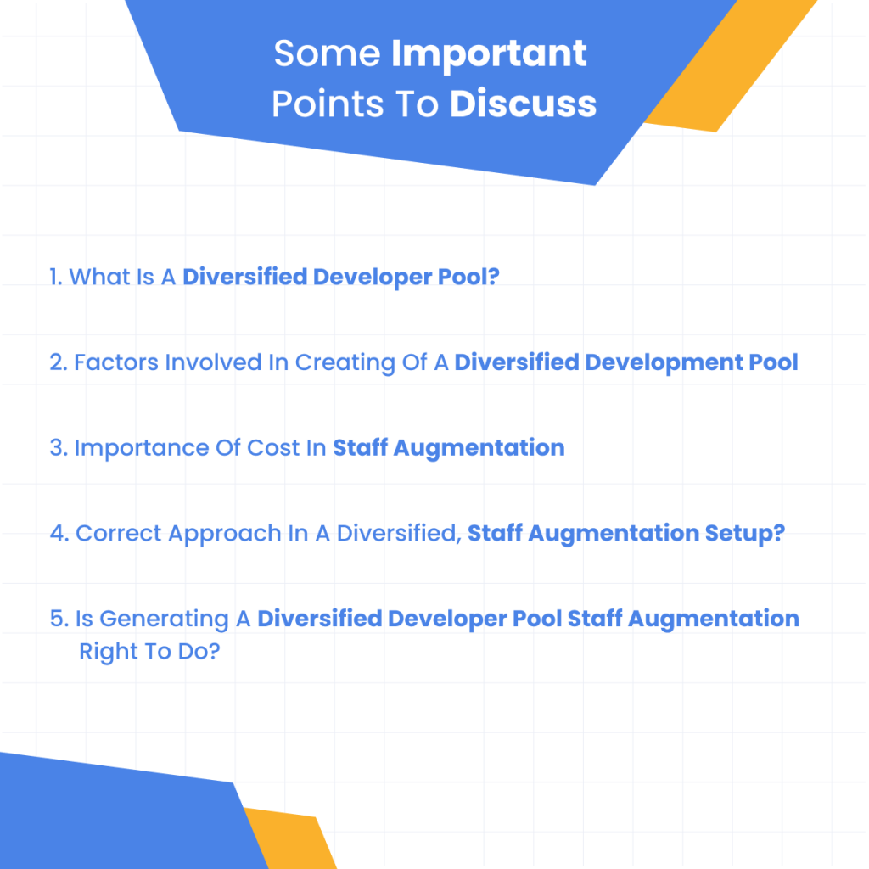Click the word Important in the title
(x=489, y=54)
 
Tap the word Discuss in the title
(x=523, y=104)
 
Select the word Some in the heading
(x=328, y=54)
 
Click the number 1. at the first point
(x=56, y=277)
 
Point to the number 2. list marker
(x=58, y=362)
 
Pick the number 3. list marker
(x=58, y=448)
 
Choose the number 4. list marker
(x=59, y=534)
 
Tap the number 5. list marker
(x=59, y=620)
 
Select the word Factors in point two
(x=115, y=362)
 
